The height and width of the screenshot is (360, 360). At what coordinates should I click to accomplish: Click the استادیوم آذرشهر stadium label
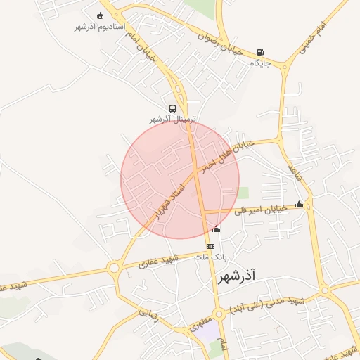click(100, 27)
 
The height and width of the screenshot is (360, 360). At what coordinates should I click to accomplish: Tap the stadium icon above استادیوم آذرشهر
click(100, 16)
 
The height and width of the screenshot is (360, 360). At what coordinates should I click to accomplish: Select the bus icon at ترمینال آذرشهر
click(172, 108)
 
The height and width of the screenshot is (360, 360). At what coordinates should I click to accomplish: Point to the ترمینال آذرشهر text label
click(175, 120)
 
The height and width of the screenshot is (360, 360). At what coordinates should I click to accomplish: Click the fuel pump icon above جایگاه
click(261, 52)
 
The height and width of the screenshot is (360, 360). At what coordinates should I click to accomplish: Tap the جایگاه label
click(261, 63)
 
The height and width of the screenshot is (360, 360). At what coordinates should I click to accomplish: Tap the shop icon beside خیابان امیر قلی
click(300, 205)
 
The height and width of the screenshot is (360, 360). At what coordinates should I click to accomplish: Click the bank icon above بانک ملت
click(210, 246)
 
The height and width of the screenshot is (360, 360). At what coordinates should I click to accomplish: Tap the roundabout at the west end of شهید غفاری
click(114, 267)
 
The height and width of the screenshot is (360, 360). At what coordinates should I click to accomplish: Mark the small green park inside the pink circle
click(243, 192)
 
